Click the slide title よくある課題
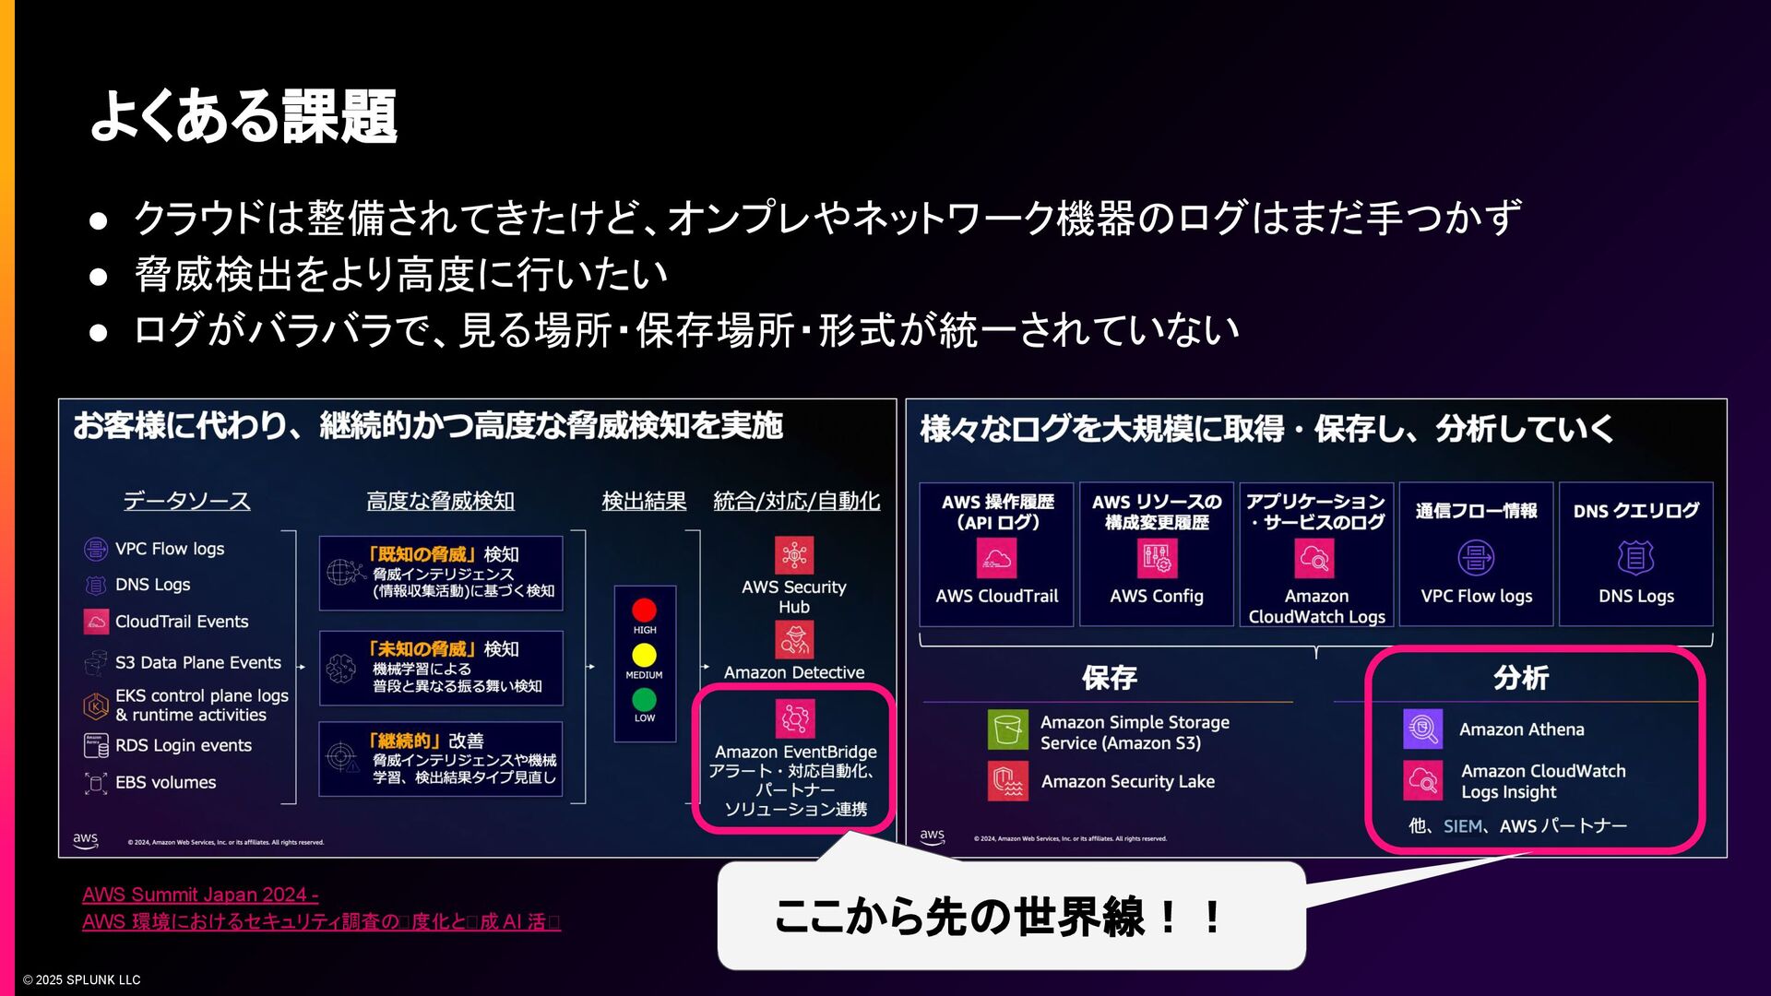244,116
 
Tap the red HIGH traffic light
644,610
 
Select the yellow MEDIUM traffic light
644,655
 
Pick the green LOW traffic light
644,699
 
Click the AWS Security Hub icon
793,555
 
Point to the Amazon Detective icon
793,639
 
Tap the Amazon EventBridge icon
794,718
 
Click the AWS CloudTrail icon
996,558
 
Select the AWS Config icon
1157,558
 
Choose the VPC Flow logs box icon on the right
1476,558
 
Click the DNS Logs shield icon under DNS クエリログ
1635,558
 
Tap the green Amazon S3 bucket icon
1007,729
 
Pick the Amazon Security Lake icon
1007,781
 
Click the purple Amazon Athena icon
1422,729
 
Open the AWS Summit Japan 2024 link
200,895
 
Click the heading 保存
1109,678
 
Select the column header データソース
187,501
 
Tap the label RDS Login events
183,745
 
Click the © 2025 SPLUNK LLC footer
82,979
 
